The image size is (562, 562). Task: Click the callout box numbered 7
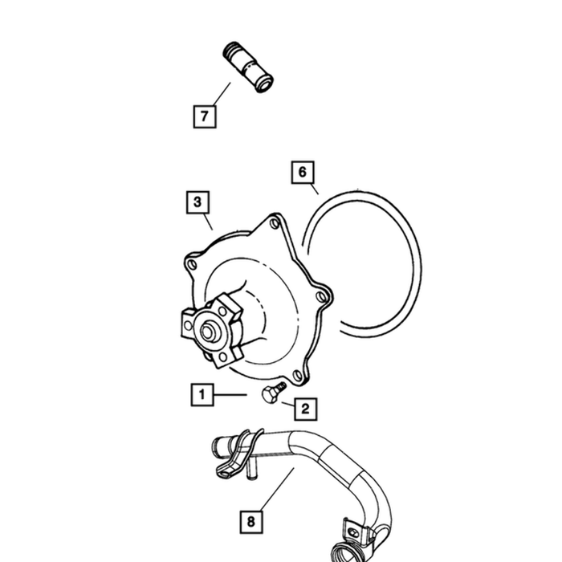tap(205, 116)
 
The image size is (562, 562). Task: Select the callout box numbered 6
tap(303, 172)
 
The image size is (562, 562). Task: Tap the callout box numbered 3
tap(198, 202)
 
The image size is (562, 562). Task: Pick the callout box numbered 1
tap(202, 395)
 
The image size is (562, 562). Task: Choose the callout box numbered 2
tap(305, 409)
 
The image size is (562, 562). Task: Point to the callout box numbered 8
tap(251, 522)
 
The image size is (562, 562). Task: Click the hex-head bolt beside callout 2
tap(274, 392)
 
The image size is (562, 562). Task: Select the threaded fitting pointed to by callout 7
tap(247, 67)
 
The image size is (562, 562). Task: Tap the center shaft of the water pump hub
tap(207, 331)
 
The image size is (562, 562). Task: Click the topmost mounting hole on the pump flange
tap(275, 223)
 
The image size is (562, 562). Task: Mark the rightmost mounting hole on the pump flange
tap(322, 297)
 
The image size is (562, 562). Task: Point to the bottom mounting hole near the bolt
tap(297, 375)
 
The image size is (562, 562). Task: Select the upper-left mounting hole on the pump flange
tap(193, 265)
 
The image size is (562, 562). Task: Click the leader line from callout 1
tap(231, 395)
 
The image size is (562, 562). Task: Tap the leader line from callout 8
tap(278, 489)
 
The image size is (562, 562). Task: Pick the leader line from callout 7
tap(222, 94)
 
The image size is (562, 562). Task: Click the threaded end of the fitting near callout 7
tap(232, 51)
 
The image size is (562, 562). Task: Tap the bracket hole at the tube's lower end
tap(352, 531)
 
